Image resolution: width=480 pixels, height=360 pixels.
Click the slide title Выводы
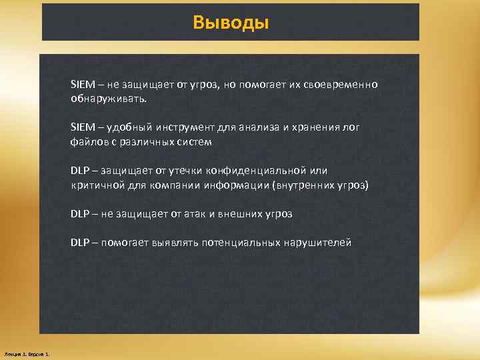pos(231,23)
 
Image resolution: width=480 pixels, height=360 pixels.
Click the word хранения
pos(311,127)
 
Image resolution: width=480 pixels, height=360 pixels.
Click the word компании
pos(165,185)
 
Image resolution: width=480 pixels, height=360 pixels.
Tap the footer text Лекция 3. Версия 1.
pos(31,353)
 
